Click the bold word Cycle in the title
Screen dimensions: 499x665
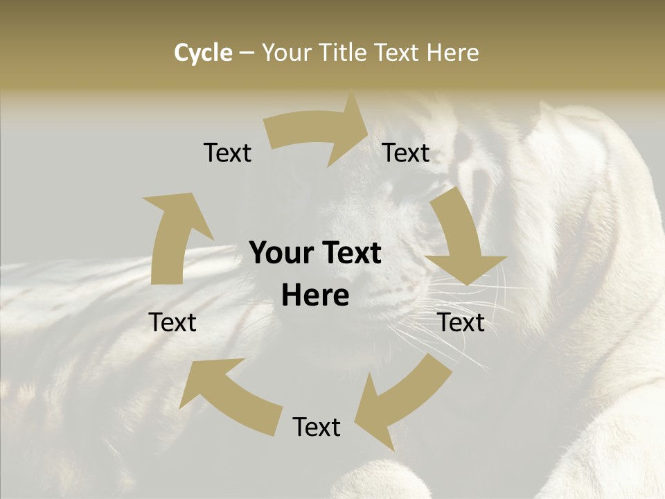pyautogui.click(x=203, y=53)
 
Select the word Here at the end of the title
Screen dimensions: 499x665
pyautogui.click(x=452, y=53)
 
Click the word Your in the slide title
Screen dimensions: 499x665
pyautogui.click(x=286, y=53)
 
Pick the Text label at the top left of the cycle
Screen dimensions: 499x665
pyautogui.click(x=227, y=153)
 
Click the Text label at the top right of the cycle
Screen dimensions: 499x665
pyautogui.click(x=406, y=153)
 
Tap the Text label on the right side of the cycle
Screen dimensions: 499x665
pyautogui.click(x=461, y=322)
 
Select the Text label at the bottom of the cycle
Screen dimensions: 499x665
pyautogui.click(x=317, y=427)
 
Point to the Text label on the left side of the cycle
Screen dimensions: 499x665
pyautogui.click(x=172, y=322)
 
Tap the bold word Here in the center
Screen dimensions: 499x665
pyautogui.click(x=315, y=296)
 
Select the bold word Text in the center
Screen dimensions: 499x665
pyautogui.click(x=351, y=254)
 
